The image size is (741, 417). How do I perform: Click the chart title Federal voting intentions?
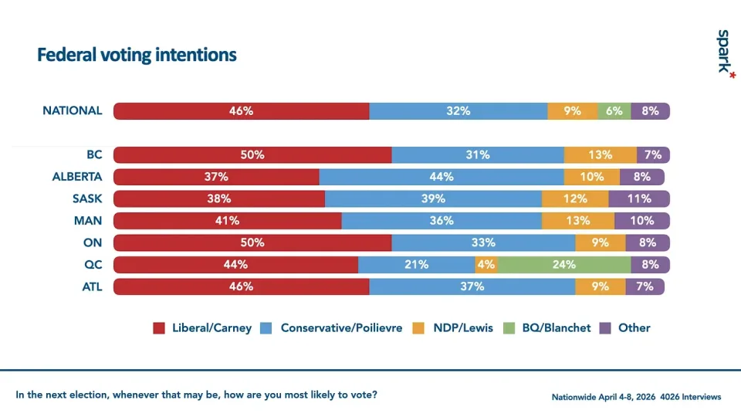tap(137, 56)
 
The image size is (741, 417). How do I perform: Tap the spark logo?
tap(723, 51)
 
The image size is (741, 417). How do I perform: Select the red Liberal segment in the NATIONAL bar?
tap(241, 110)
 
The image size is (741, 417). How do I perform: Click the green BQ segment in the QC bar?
tap(564, 265)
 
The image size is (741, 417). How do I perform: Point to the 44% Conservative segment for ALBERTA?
tap(442, 176)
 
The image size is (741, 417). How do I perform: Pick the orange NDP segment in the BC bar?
tap(600, 154)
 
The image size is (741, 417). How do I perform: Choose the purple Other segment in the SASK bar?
tap(639, 198)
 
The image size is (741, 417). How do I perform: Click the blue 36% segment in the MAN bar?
tap(441, 221)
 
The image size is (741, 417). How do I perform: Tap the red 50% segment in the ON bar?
tap(252, 242)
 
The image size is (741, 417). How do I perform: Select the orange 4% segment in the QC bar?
tap(486, 265)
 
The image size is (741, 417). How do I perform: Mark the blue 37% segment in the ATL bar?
tap(472, 287)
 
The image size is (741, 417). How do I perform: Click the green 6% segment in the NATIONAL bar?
tap(614, 110)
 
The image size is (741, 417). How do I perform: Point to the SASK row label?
tap(87, 198)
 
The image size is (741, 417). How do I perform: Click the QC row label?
tap(93, 265)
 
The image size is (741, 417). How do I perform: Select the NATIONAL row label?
tap(72, 110)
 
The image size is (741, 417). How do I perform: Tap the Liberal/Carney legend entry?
tap(202, 327)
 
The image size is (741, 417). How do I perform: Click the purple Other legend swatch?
tap(606, 327)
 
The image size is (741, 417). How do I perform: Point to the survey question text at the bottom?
tap(197, 395)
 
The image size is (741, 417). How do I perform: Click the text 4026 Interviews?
tap(692, 397)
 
